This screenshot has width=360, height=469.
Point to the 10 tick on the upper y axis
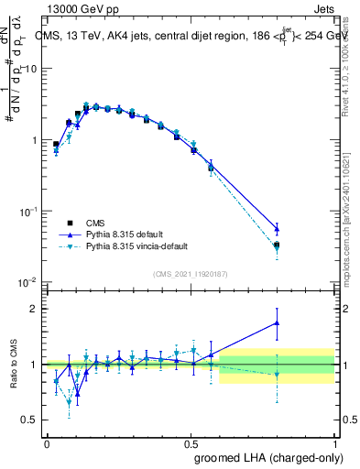click(x=32, y=69)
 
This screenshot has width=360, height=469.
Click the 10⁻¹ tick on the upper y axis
click(x=29, y=211)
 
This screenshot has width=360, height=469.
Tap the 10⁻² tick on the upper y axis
click(x=29, y=282)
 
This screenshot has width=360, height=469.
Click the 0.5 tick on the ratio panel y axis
click(x=32, y=420)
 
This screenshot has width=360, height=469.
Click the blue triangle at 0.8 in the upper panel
click(x=277, y=228)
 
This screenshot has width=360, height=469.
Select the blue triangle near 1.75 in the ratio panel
click(x=277, y=322)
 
